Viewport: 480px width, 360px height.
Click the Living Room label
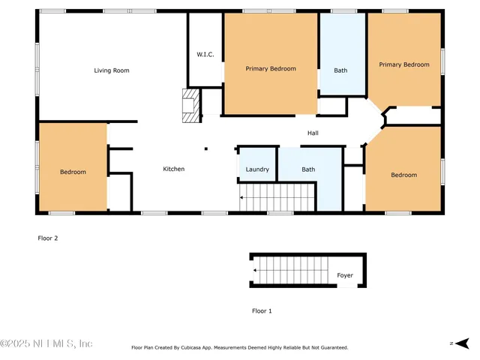tap(111, 70)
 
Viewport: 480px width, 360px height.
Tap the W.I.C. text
tap(205, 55)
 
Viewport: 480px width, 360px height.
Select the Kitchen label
tap(173, 169)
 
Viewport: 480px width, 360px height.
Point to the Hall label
tap(313, 133)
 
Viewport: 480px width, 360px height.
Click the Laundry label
tap(257, 169)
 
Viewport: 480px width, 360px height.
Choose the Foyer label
tap(344, 275)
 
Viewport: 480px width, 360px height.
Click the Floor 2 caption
tap(47, 238)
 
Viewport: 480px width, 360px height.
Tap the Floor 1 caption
tap(261, 310)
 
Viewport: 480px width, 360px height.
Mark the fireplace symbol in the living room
tap(192, 106)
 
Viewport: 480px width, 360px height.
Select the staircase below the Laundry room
tap(275, 199)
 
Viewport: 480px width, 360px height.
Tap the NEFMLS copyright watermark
tap(46, 343)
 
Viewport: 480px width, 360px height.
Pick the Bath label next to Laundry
tap(308, 169)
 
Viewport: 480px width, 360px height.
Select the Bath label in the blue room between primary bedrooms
tap(340, 70)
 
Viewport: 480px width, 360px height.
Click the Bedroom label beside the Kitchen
tap(73, 172)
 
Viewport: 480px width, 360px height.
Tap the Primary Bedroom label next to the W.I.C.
tap(271, 68)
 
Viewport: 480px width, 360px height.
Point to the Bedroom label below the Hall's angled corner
tap(403, 175)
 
